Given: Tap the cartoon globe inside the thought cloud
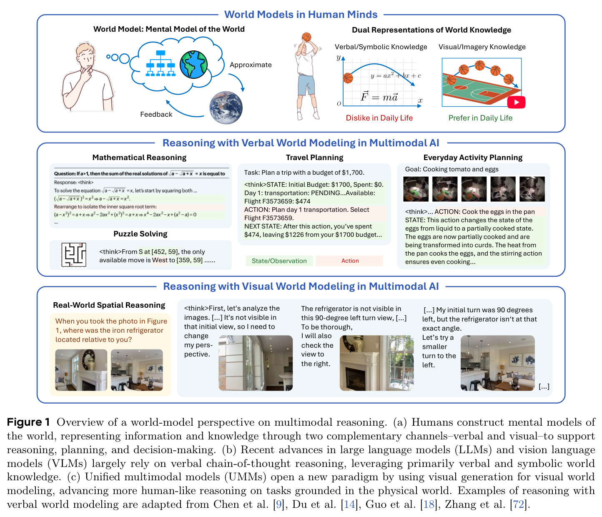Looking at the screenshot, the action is tap(193, 65).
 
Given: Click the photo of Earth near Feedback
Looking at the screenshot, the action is tap(226, 108).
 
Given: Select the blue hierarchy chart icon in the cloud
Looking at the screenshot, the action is tap(161, 63).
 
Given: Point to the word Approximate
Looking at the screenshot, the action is tap(251, 65).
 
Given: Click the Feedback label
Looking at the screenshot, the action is tap(156, 114).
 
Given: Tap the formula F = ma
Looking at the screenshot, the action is tap(379, 96).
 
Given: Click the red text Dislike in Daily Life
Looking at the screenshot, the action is tap(379, 118).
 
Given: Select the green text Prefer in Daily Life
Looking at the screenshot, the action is tap(480, 118).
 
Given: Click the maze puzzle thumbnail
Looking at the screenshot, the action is tap(73, 255).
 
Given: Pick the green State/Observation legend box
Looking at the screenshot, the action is tap(279, 261).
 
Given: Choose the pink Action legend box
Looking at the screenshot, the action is tap(350, 261).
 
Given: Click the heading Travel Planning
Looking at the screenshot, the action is tap(314, 157).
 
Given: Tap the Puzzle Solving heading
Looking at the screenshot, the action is tap(140, 233).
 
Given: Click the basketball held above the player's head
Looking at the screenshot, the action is tap(306, 37).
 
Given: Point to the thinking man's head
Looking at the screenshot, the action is tap(85, 54).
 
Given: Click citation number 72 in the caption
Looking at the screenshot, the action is tap(519, 504).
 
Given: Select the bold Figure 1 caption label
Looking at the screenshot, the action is tap(28, 422).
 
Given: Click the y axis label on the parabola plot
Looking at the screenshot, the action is tap(338, 58).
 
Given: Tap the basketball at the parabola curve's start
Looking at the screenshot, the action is tap(348, 78).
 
